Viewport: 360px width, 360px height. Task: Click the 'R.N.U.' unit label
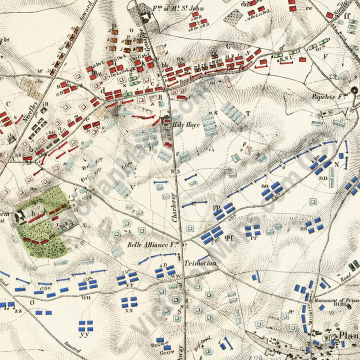pos(285,59)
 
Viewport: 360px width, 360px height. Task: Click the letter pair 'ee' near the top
pos(308,7)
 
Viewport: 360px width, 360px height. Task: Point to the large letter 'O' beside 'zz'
pos(32,302)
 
